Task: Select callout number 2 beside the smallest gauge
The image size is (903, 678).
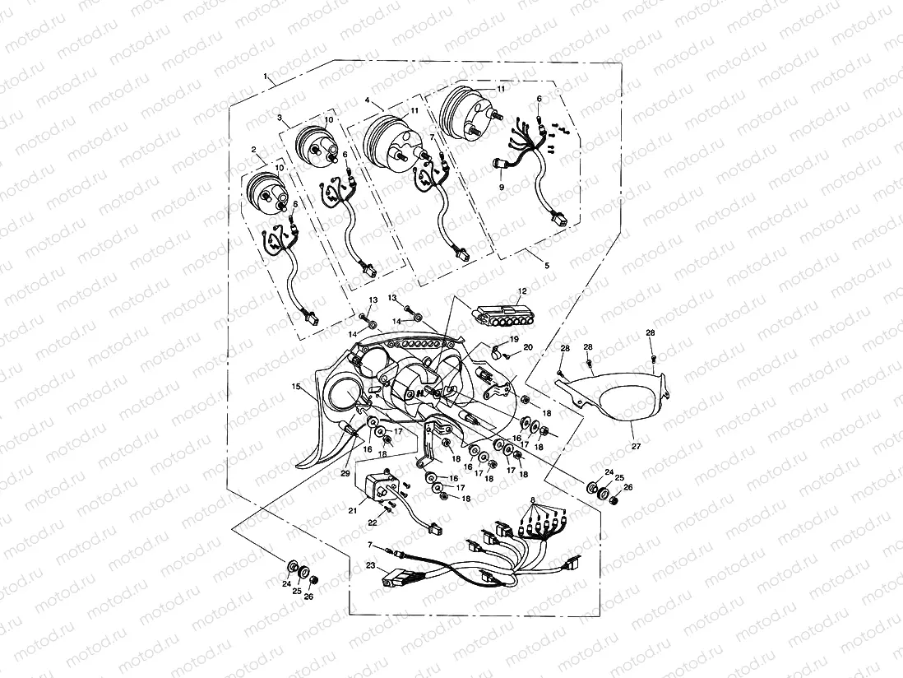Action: (x=255, y=151)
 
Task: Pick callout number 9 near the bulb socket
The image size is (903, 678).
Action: (x=501, y=188)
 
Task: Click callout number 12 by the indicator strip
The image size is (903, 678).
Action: (x=521, y=292)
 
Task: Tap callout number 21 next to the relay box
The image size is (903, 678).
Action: (x=352, y=510)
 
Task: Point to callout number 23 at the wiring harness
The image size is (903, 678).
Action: (x=371, y=565)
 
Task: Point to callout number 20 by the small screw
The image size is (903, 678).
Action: (x=528, y=347)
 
